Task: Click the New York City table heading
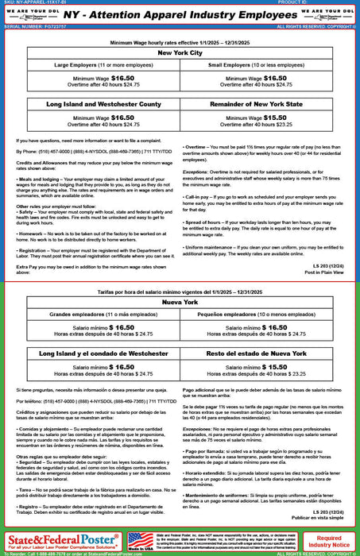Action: pos(180,52)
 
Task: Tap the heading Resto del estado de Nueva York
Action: pos(267,353)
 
